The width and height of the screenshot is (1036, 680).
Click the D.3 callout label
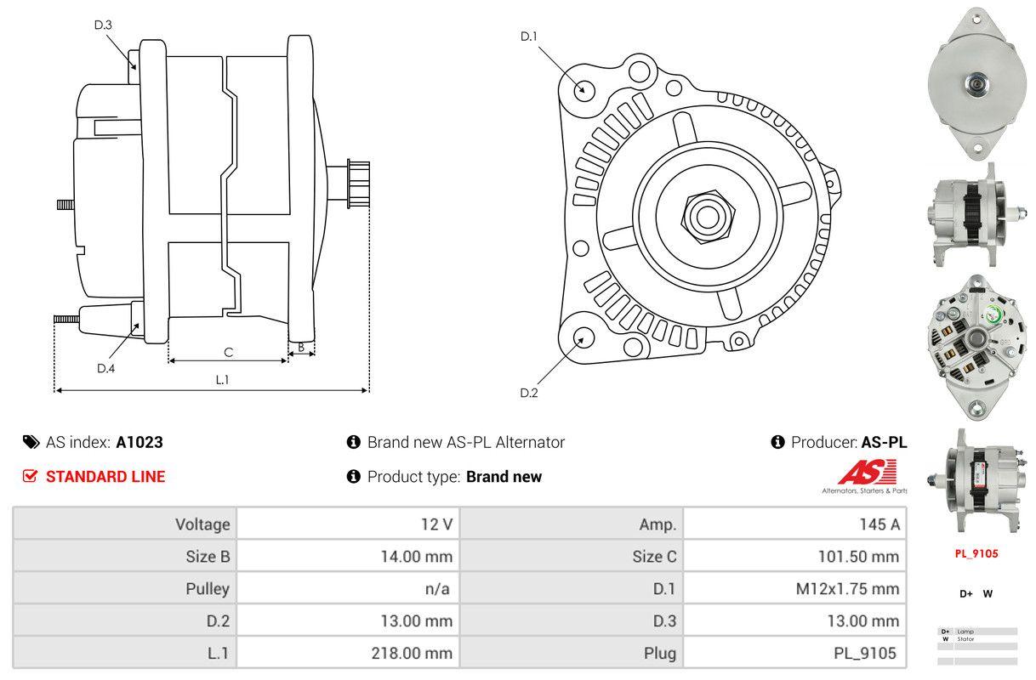(x=103, y=25)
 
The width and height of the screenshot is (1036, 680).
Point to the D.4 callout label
(x=105, y=368)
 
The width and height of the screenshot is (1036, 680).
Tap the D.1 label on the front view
(x=529, y=36)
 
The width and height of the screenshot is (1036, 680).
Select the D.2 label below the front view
(x=529, y=393)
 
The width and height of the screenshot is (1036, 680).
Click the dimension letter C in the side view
(x=228, y=352)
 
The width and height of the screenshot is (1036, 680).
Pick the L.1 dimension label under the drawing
(x=221, y=380)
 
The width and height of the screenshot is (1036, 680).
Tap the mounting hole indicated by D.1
(x=583, y=88)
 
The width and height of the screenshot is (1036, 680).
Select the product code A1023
(x=139, y=442)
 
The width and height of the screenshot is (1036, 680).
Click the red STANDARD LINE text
(x=105, y=477)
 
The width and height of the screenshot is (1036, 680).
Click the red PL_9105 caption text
(x=976, y=553)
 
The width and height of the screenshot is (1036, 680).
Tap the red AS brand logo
(x=867, y=473)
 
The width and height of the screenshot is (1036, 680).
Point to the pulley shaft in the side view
(x=358, y=183)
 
